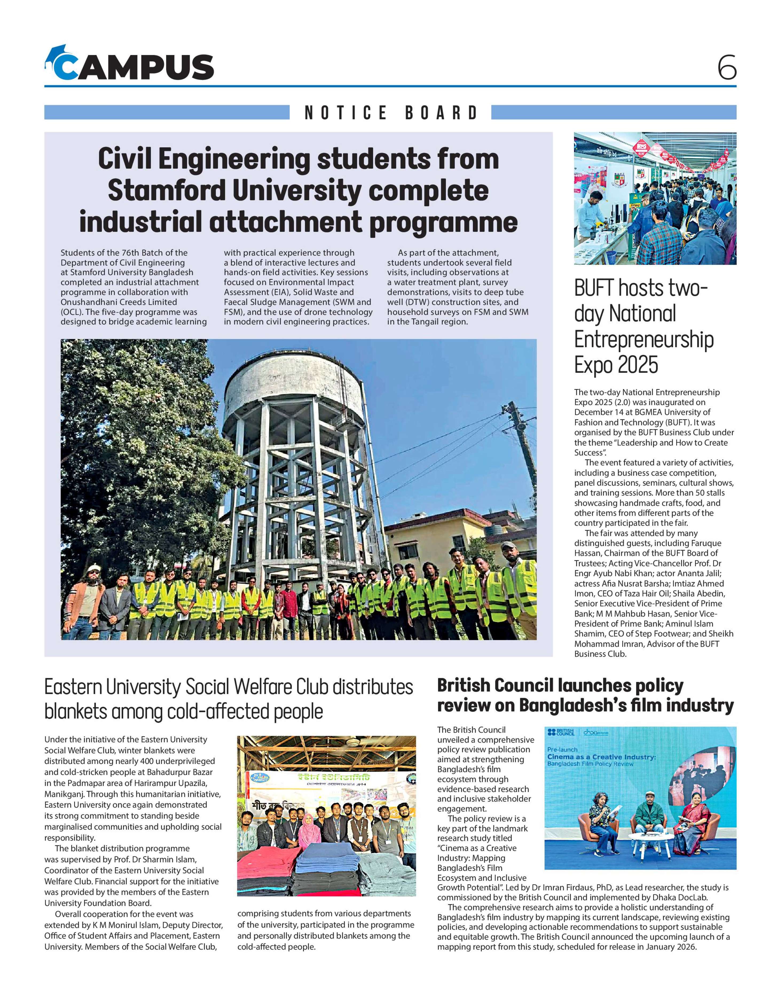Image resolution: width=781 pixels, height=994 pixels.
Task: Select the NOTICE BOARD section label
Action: (391, 112)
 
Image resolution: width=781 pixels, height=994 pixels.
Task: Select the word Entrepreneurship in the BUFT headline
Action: (643, 339)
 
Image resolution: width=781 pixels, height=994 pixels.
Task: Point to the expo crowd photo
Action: (655, 198)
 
